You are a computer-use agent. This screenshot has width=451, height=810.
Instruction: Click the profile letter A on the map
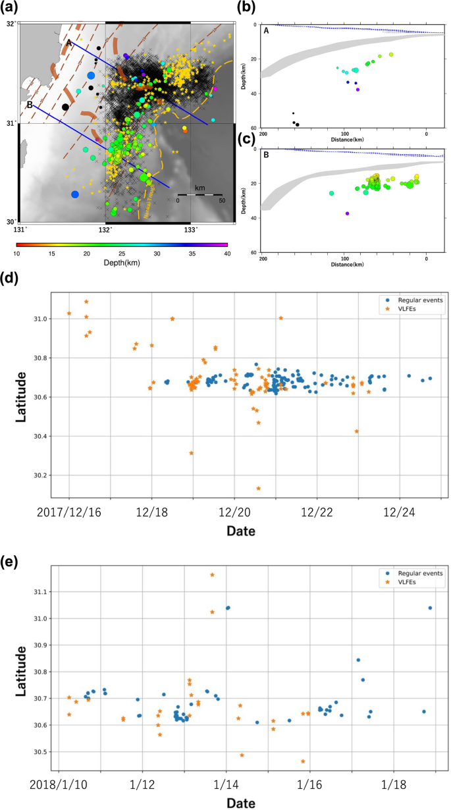[x=68, y=41]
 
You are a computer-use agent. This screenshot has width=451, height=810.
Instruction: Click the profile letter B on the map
[x=29, y=104]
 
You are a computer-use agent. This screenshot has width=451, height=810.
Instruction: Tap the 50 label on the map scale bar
[x=221, y=200]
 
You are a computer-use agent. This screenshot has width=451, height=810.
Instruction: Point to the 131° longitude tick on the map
[x=21, y=229]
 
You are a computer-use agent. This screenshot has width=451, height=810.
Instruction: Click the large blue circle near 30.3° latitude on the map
[x=75, y=194]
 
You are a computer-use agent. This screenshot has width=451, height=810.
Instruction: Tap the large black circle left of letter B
[x=65, y=107]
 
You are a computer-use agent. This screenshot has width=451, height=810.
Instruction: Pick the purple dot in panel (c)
[x=347, y=213]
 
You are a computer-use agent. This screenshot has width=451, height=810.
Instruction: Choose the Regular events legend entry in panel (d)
[x=410, y=300]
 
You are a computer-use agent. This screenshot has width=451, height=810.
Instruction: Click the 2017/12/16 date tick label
[x=69, y=511]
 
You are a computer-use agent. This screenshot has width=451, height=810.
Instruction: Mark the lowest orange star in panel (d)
[x=259, y=488]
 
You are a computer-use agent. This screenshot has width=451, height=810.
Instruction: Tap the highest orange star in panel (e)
[x=212, y=574]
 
